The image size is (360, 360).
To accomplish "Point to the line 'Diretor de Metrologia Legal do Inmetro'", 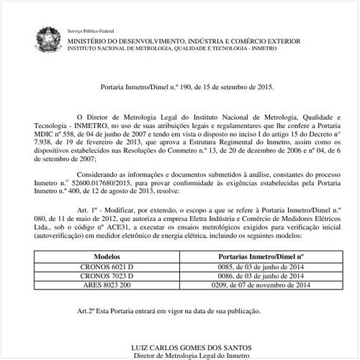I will pyautogui.click(x=185, y=356).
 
